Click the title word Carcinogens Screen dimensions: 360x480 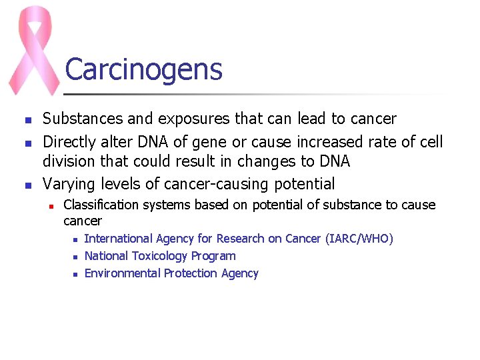143,69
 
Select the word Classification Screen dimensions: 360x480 100,205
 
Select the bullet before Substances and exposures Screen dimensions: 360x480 27,121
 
